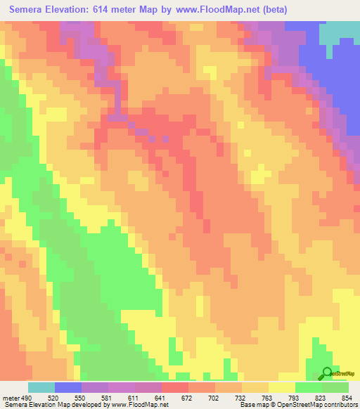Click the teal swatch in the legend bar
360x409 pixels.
(41, 387)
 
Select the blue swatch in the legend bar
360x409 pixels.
(68, 387)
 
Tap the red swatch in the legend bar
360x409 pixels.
(174, 387)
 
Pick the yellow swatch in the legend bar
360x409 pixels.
(281, 387)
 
